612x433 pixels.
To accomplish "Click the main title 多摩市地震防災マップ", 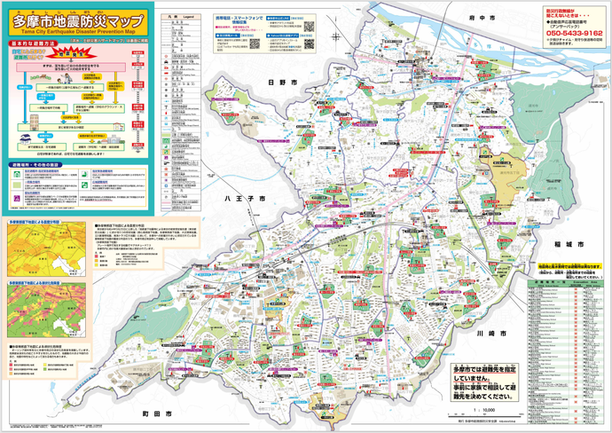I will coord(77,19).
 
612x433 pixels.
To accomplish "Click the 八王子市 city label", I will coord(244,201).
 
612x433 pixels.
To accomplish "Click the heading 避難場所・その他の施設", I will coord(36,165).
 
